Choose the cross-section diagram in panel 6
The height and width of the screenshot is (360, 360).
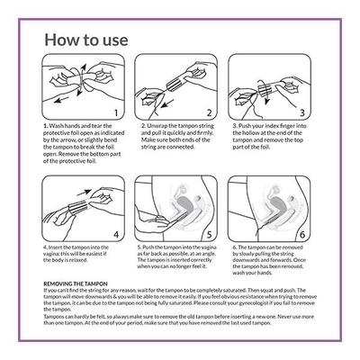[270, 207]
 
